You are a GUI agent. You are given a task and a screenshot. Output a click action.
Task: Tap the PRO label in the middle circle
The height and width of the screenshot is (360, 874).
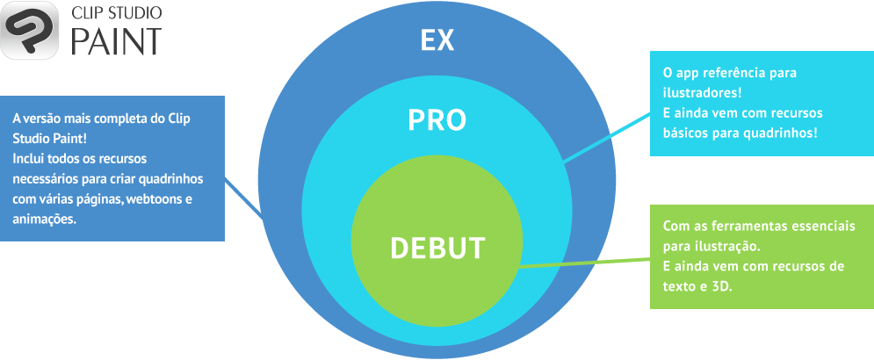point(437,120)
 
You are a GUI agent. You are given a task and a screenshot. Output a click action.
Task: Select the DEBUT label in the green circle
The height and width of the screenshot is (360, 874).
point(437,248)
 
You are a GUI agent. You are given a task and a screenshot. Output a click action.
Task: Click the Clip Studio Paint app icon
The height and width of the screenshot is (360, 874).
point(29,30)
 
